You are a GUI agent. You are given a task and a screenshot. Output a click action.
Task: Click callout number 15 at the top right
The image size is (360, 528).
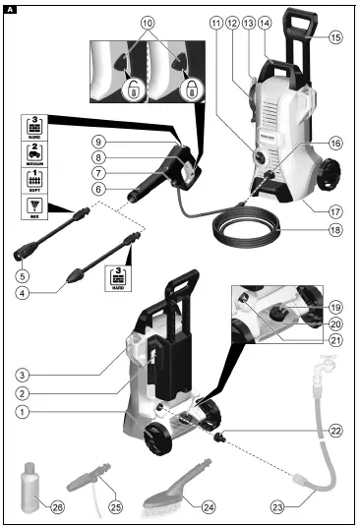[x=335, y=37]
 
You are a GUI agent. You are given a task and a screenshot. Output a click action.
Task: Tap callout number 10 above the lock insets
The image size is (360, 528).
[x=148, y=21]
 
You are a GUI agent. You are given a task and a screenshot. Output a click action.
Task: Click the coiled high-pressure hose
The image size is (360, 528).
[x=245, y=232]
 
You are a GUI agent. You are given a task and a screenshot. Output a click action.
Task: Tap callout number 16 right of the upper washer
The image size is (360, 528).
[x=335, y=143]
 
